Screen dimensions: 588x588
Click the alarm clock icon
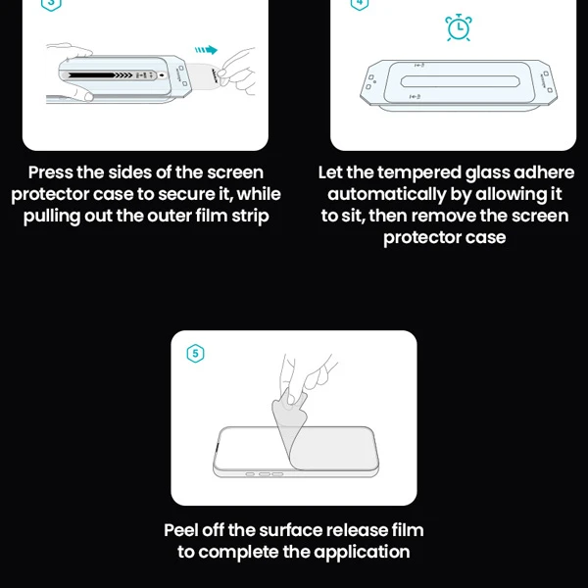point(459,27)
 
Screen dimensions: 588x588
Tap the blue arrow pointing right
point(206,50)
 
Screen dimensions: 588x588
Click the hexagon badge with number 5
point(195,353)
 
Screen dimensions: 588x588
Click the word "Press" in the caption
point(51,172)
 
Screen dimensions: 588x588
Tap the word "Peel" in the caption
point(180,530)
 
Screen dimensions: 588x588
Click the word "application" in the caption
point(362,553)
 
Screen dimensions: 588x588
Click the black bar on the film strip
point(91,75)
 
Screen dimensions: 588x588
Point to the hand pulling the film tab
point(237,72)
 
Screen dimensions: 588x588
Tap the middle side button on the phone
point(265,474)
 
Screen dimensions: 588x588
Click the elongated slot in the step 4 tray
point(460,81)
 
